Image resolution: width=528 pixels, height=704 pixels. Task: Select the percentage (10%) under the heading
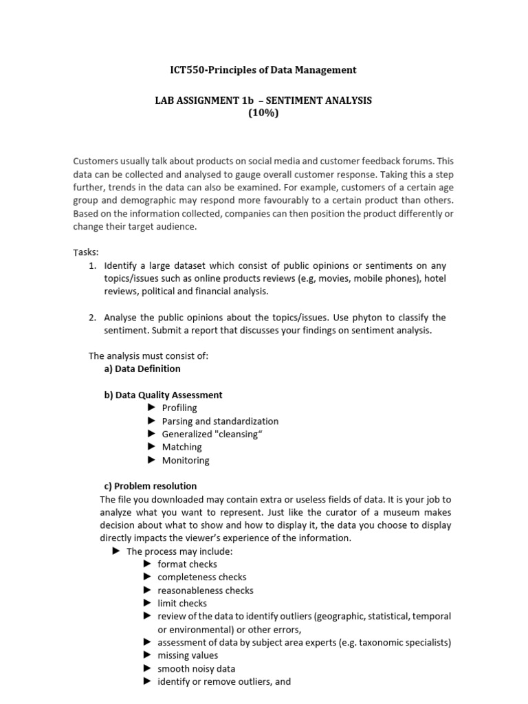point(263,113)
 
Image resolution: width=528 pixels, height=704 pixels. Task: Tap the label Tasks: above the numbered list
point(86,252)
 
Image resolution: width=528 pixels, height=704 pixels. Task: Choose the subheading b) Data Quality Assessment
point(162,395)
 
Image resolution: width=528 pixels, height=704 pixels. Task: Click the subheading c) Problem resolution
point(149,486)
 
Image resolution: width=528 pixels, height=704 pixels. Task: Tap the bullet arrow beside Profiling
point(151,408)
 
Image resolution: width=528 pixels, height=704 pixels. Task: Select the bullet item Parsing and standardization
point(220,421)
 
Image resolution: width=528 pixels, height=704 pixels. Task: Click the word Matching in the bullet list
point(181,447)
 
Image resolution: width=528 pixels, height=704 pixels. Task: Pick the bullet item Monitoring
point(186,460)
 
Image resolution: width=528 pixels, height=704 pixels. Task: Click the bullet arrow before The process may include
point(116,551)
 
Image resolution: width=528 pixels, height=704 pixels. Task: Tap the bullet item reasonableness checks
point(205,591)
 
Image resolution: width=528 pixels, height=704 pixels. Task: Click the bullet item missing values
point(188,656)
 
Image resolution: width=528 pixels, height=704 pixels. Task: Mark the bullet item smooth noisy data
point(196,669)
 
